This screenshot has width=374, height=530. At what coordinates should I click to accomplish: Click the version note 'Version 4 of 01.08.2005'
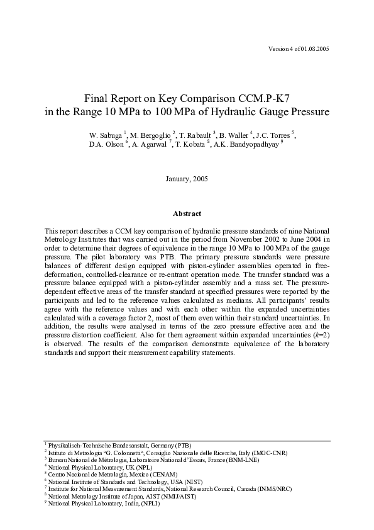coord(299,48)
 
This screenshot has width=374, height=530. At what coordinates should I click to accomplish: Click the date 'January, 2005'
coord(187,179)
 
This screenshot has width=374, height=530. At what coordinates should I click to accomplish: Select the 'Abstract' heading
coord(187,213)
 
